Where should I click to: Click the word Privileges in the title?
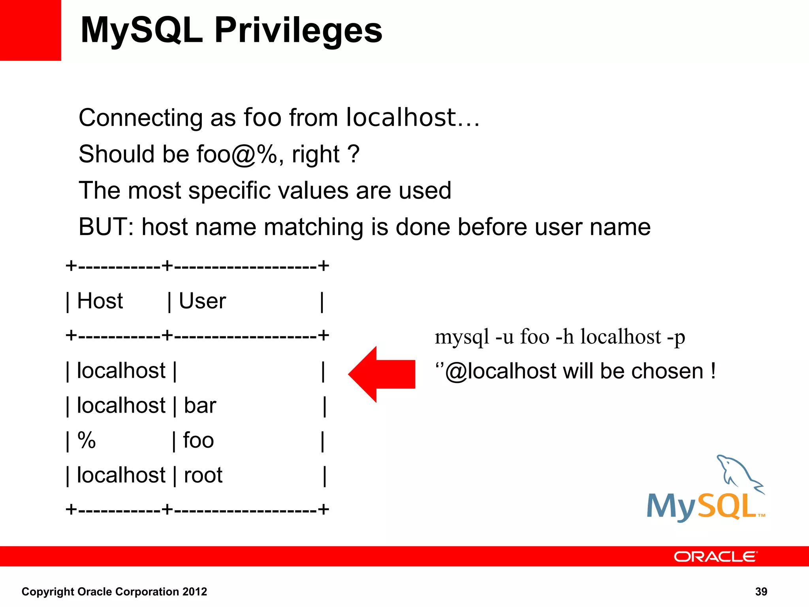point(298,31)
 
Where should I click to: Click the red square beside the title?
point(30,30)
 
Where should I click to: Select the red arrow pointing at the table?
point(381,374)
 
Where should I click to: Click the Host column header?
point(100,301)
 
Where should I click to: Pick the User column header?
point(202,301)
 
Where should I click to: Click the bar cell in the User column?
point(200,406)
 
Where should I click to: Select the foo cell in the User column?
point(198,441)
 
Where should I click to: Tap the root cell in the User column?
point(203,475)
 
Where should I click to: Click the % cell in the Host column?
point(87,441)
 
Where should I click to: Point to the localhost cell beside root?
point(121,475)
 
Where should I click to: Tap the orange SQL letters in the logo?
point(727,507)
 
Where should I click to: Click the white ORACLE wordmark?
point(715,557)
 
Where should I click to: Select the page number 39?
point(761,592)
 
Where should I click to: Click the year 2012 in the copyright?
point(194,592)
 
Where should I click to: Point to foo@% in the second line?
point(237,154)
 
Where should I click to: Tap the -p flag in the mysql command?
point(676,337)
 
